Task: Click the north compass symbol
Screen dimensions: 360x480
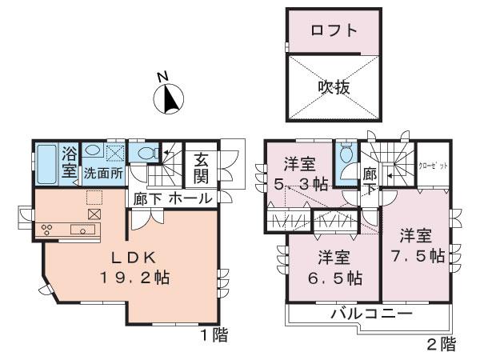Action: pos(169,99)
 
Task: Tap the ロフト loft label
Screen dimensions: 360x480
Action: pos(334,34)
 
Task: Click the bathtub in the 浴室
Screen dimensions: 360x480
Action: pos(46,164)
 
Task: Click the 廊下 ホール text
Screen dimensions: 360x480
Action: pos(173,198)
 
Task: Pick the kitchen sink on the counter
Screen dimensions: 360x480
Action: pos(82,230)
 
